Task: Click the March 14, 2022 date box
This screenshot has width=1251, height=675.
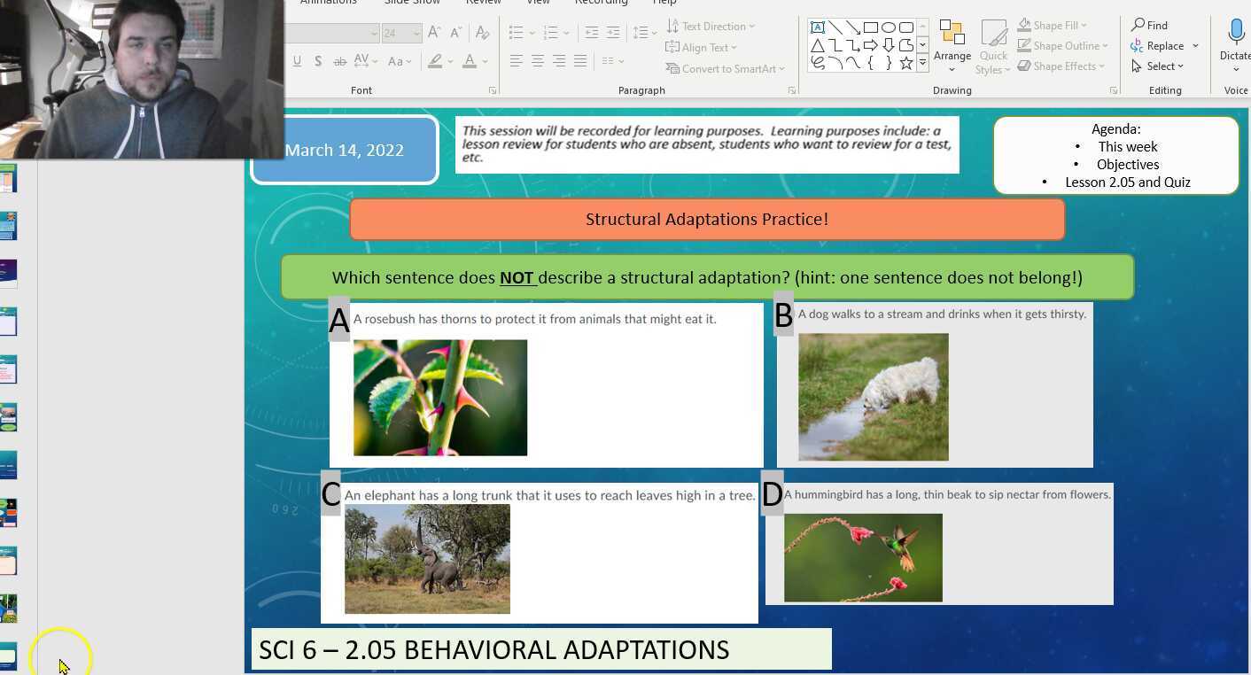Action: tap(346, 151)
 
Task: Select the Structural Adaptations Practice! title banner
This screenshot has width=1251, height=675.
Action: tap(707, 220)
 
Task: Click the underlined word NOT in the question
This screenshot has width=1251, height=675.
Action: tap(517, 278)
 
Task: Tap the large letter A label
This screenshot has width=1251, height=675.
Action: tap(339, 322)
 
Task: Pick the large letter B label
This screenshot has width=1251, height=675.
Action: tap(783, 315)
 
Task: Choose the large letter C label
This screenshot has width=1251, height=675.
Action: tap(330, 494)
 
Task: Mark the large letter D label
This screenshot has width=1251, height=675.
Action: tap(772, 494)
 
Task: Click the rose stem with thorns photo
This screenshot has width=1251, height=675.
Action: tap(439, 398)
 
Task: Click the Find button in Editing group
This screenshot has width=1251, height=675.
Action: tap(1149, 25)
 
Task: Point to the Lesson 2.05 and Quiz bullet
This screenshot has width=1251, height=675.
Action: tap(1127, 182)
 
